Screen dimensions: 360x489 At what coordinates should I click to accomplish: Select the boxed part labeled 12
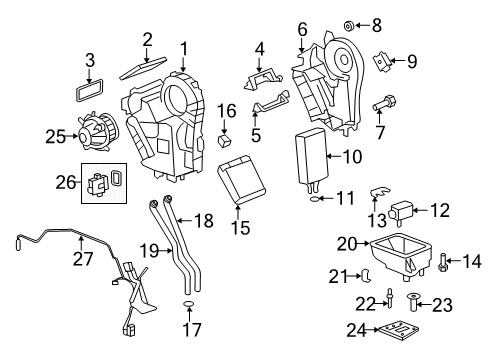(x=406, y=213)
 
